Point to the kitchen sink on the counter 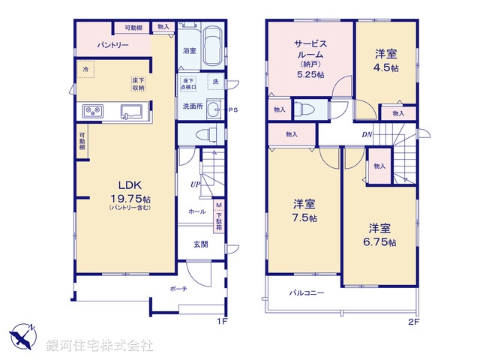pyautogui.click(x=133, y=112)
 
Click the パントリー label pyautogui.click(x=112, y=46)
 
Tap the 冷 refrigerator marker pyautogui.click(x=85, y=70)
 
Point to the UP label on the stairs pyautogui.click(x=195, y=183)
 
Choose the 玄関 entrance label pyautogui.click(x=201, y=244)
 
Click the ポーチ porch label pyautogui.click(x=178, y=289)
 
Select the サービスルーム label pyautogui.click(x=310, y=49)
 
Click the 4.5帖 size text pyautogui.click(x=387, y=67)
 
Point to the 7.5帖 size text pyautogui.click(x=304, y=218)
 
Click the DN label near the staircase pyautogui.click(x=367, y=135)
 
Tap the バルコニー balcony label pyautogui.click(x=307, y=292)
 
